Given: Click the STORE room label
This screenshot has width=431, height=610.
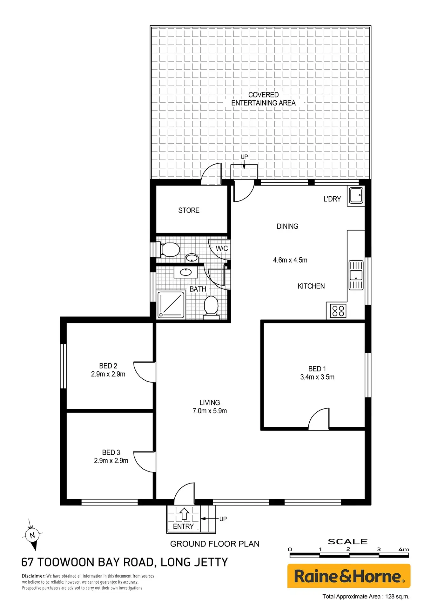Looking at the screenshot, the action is pos(189,210).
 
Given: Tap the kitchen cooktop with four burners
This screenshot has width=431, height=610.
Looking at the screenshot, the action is pos(338,311).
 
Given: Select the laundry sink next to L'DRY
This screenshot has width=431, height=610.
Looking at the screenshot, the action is pos(356,195).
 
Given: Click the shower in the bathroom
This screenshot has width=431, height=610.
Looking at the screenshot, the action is pos(172,305).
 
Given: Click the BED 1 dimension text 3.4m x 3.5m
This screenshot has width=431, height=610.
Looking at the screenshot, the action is pos(317,377).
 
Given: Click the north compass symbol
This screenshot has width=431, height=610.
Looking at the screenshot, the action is pos(32,535).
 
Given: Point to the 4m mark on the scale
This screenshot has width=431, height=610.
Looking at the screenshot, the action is pos(404,549).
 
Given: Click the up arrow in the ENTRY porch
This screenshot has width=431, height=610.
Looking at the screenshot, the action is pos(184,514).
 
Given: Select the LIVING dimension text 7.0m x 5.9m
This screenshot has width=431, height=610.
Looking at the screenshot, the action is pos(210,411).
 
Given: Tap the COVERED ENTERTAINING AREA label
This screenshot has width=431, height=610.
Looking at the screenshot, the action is pos(263,99).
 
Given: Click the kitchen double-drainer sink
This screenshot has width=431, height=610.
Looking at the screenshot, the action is pos(356,275).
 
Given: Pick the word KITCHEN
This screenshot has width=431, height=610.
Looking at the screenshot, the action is pos(311,286).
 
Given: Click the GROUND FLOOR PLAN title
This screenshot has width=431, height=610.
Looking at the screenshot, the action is pos(215,544).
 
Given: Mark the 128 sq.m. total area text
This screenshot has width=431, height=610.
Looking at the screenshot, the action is pos(397,596).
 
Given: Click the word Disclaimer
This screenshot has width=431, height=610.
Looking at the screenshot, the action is pos(34,576).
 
